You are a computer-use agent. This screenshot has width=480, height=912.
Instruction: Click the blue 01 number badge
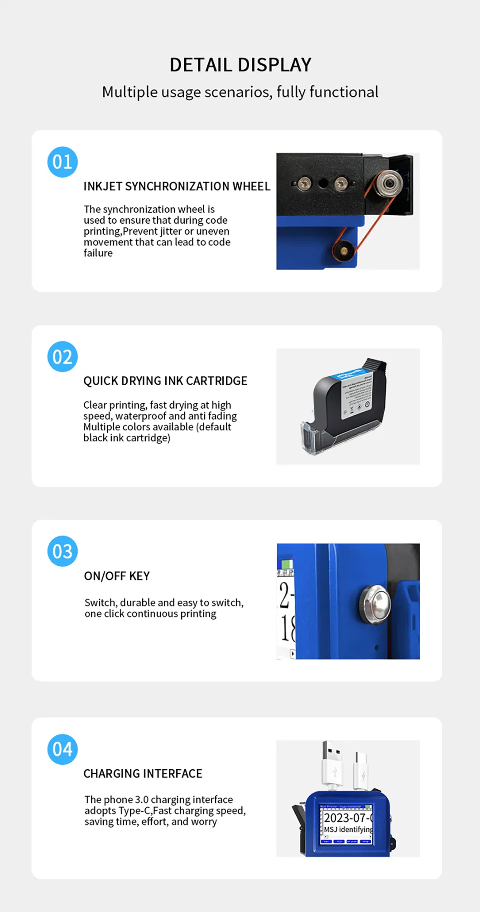point(62,162)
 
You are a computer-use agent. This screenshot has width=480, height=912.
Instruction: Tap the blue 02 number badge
point(62,357)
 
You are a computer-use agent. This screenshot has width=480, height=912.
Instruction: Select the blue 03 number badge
point(62,551)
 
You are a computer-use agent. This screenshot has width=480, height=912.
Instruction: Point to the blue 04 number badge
point(62,749)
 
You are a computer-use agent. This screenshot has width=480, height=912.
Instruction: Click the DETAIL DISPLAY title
point(240,65)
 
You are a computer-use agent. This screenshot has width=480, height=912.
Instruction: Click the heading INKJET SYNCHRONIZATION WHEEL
point(177,186)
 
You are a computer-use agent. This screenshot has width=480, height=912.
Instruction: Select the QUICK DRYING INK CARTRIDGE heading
point(165,381)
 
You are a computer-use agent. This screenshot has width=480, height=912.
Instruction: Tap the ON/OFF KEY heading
point(117,576)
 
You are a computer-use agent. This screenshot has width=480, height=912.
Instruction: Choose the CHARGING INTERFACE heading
point(143,773)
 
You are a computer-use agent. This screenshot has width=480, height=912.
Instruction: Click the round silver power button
point(375,603)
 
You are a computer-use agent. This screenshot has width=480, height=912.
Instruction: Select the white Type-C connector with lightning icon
point(362,770)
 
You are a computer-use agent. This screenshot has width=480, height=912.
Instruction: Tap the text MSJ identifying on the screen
point(348,830)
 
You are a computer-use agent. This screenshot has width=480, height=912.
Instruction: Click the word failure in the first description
point(98,253)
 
